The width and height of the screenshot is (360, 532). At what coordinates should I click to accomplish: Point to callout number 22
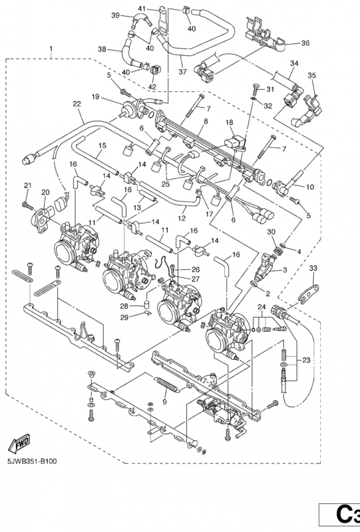(77, 104)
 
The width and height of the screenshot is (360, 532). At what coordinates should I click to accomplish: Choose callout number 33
(313, 268)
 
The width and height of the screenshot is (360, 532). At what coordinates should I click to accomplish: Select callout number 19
(96, 97)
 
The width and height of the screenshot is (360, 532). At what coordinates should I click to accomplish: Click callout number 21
(27, 185)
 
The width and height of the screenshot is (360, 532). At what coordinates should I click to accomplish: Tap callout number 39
(115, 15)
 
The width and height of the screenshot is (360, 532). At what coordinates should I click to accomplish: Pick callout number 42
(152, 86)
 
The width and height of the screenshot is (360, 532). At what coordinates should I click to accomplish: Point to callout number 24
(262, 306)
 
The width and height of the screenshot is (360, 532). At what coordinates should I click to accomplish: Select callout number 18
(228, 123)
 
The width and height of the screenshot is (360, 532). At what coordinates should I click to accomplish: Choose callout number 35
(311, 76)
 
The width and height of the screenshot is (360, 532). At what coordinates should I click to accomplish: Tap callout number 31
(270, 89)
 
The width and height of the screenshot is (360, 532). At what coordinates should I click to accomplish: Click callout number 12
(182, 218)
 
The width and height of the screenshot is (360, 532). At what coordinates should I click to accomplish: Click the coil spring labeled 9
(170, 384)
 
